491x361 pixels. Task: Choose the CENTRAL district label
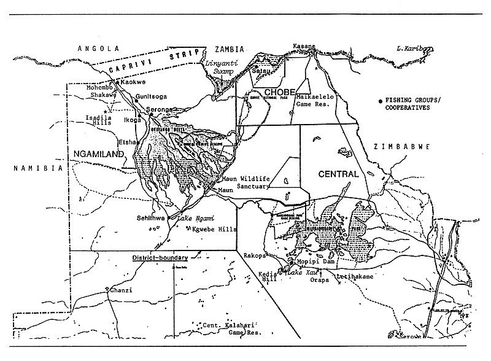pos(338,174)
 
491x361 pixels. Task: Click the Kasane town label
pos(303,46)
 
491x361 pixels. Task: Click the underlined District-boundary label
pos(158,258)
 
